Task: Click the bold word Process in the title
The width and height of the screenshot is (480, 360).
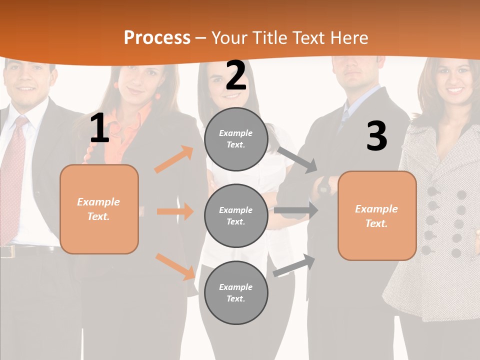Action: click(157, 38)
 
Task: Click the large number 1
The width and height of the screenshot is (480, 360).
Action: click(99, 128)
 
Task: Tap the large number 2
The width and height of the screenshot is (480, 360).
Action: click(235, 75)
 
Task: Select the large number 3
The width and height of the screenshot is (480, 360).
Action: click(376, 136)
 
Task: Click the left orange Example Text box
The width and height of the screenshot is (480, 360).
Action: click(99, 209)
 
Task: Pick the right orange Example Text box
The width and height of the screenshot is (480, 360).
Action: click(377, 216)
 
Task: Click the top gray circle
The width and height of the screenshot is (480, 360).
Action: click(236, 139)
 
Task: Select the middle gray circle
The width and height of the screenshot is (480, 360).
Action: click(236, 216)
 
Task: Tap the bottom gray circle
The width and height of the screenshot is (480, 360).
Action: click(236, 292)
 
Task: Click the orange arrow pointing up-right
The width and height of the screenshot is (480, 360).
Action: click(174, 159)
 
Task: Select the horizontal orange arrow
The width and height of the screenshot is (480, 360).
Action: click(175, 211)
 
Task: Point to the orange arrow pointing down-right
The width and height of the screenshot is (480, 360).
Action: click(175, 266)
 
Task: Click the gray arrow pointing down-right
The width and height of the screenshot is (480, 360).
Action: click(297, 159)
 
